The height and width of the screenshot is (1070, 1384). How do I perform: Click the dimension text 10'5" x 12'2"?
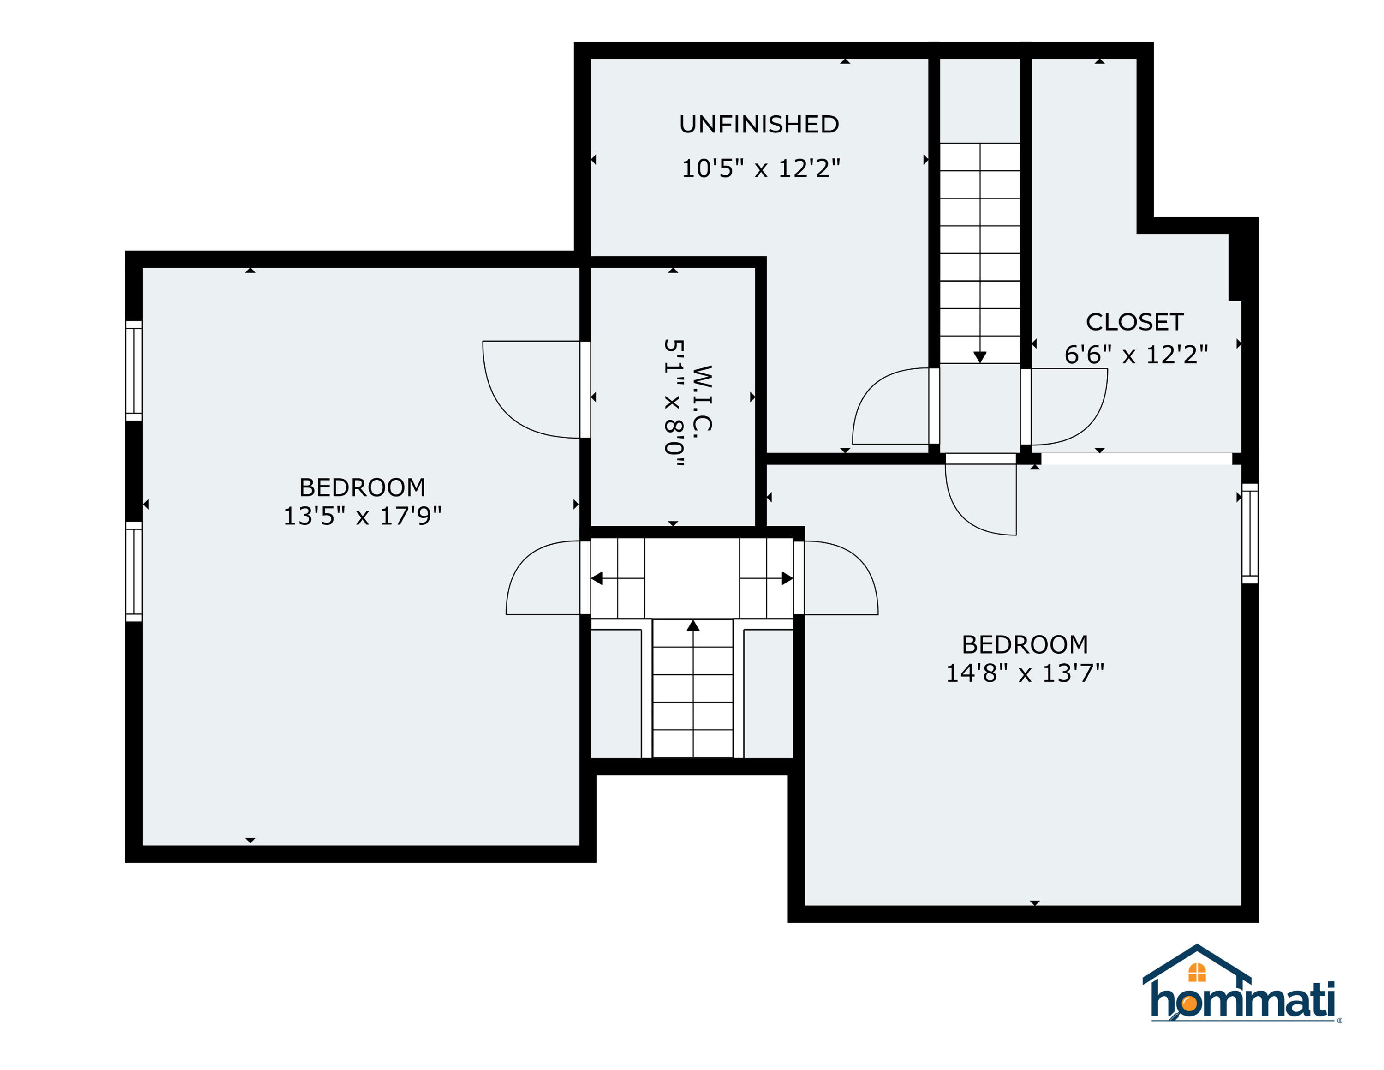click(760, 168)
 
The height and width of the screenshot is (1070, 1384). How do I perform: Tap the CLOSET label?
click(1134, 322)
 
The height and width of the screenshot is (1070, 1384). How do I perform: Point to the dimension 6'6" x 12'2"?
click(1136, 355)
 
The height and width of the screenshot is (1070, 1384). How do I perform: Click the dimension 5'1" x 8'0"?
click(674, 403)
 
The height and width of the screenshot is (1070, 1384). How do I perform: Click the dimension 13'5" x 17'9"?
click(362, 516)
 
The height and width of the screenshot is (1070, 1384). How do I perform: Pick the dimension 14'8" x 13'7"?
click(1025, 673)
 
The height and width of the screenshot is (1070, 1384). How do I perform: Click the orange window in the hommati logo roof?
click(1196, 973)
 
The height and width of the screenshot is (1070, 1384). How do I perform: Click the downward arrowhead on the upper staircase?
click(980, 357)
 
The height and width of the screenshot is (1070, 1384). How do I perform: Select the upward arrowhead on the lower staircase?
click(693, 625)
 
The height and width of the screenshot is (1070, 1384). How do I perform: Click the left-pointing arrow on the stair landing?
click(617, 578)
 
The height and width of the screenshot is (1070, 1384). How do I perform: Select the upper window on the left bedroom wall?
click(134, 370)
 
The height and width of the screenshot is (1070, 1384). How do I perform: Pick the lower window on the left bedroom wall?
click(134, 571)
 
